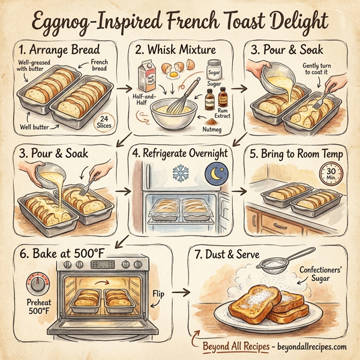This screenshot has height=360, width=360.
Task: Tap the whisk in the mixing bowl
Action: [x=184, y=96]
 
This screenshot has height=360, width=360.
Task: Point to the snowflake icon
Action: [x=179, y=173]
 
